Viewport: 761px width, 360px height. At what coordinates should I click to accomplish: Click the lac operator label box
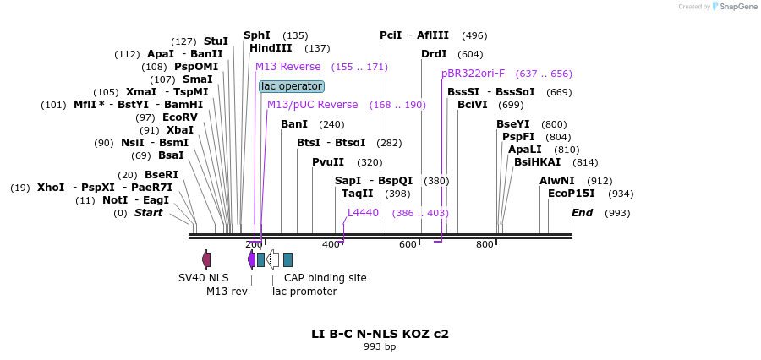coord(292,86)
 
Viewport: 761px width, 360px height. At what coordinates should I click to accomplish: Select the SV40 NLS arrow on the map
coord(206,259)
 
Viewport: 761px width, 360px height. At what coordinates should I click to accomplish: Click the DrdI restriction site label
coord(434,54)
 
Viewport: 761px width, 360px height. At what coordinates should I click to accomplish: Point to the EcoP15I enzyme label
coord(572,194)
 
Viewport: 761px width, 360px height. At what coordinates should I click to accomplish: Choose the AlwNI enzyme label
coord(557,181)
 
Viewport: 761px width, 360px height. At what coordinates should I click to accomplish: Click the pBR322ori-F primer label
coord(473,74)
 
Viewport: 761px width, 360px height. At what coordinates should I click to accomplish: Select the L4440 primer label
coord(363,213)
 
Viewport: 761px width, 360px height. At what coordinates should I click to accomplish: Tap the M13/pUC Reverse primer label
coord(312,105)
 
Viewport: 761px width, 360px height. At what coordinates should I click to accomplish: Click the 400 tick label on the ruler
coord(331,245)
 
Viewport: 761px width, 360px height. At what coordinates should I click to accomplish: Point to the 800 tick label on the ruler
coord(485,245)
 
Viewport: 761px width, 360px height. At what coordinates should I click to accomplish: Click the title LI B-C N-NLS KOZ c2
coord(380,334)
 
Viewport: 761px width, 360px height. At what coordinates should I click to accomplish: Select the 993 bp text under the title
coord(380,346)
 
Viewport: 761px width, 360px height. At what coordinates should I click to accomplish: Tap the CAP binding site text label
coord(325,277)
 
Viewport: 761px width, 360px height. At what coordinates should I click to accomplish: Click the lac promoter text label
coord(304,292)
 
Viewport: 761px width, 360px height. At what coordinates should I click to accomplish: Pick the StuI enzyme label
coord(216,41)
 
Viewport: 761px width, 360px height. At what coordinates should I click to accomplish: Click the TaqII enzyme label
coord(358,194)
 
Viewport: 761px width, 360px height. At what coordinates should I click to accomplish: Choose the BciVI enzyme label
coord(473,105)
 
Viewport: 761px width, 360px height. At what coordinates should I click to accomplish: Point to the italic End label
coord(583,213)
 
